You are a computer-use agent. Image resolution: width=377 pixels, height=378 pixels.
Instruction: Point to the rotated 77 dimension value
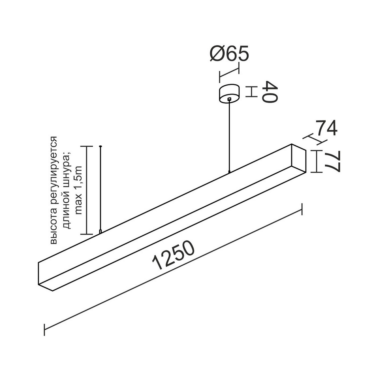333,162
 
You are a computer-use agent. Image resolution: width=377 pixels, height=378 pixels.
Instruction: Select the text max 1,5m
79,191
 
